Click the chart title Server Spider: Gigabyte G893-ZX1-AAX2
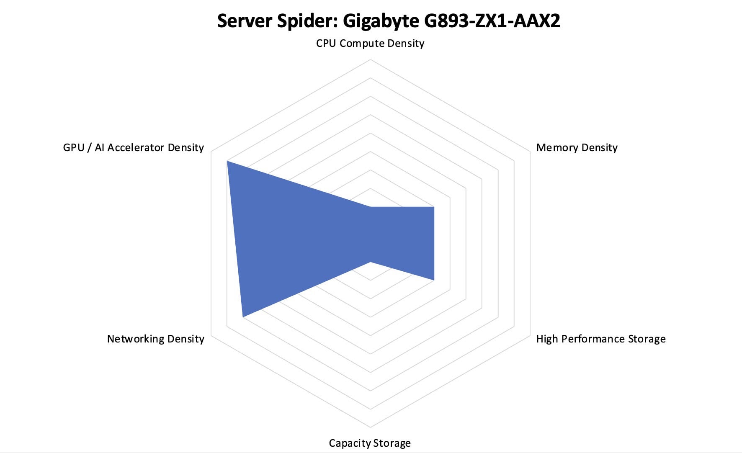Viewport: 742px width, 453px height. click(389, 21)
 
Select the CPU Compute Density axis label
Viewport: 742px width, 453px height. click(370, 44)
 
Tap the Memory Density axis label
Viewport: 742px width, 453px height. click(577, 148)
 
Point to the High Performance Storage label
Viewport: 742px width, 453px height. click(600, 339)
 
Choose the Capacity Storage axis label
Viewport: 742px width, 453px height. click(370, 443)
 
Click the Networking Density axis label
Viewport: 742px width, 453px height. click(156, 339)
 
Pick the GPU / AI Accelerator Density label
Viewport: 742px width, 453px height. click(133, 148)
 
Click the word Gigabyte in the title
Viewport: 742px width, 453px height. click(381, 21)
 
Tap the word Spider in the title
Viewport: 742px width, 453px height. click(307, 21)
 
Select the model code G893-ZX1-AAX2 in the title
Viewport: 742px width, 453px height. click(492, 21)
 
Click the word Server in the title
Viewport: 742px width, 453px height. click(244, 21)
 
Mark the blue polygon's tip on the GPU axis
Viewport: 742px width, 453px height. click(227, 161)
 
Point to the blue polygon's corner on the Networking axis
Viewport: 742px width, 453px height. click(243, 317)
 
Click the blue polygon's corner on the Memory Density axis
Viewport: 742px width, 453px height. click(434, 207)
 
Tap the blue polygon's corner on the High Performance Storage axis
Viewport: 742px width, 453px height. click(434, 280)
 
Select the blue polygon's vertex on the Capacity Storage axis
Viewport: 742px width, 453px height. click(370, 262)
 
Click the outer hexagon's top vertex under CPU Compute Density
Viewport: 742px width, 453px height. click(370, 59)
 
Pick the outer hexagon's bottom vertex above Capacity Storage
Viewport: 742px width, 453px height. click(370, 427)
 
